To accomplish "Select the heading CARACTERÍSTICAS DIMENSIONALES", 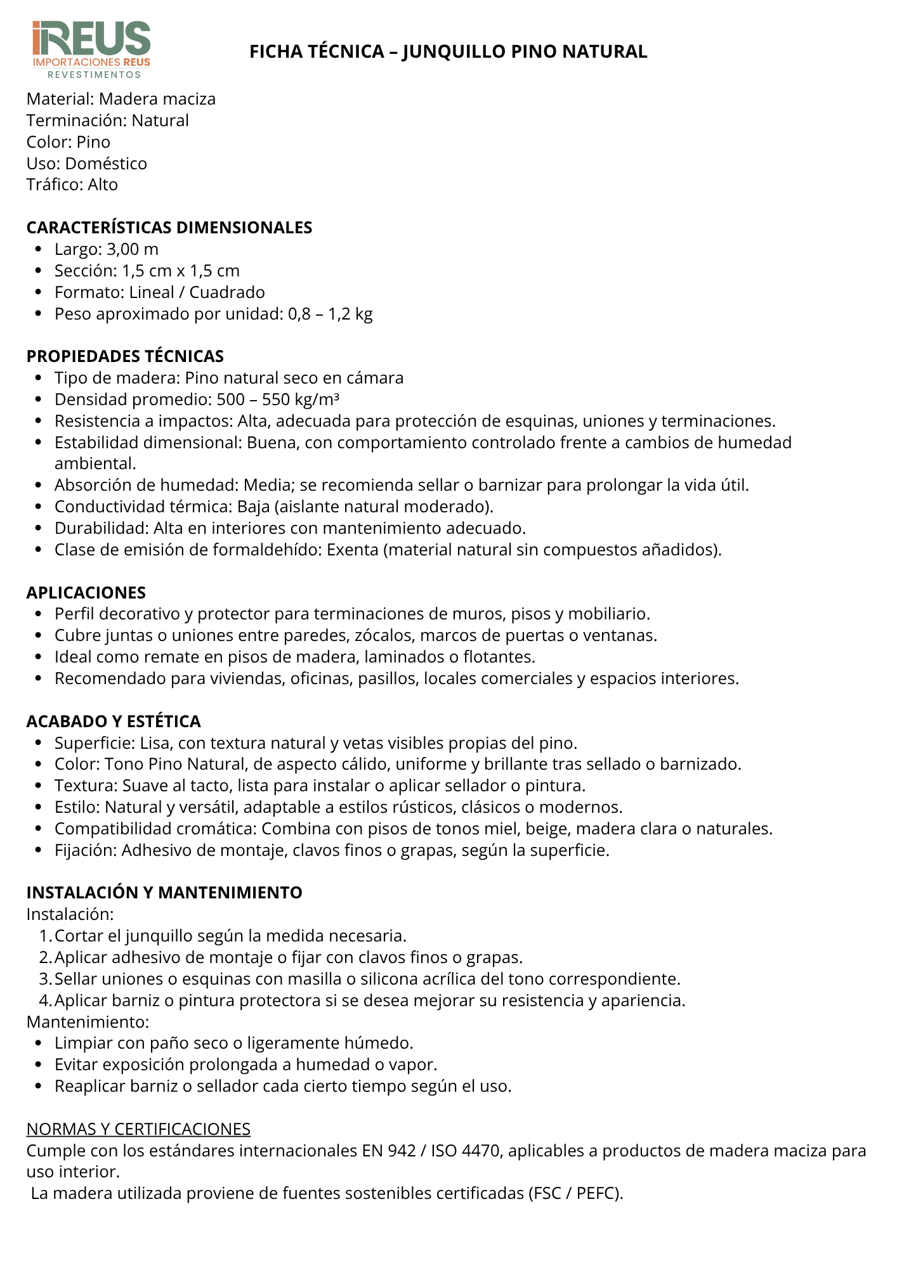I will tap(169, 228).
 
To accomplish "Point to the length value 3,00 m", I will tap(133, 249).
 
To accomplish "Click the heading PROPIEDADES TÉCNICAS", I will tap(125, 356).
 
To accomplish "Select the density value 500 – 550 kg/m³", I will tap(278, 399).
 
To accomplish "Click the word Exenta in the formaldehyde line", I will tap(353, 550).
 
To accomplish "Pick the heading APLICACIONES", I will tap(86, 593).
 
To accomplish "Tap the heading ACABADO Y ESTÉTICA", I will tap(114, 721).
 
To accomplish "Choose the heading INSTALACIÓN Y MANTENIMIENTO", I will tap(164, 893).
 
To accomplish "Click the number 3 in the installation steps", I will tap(44, 979).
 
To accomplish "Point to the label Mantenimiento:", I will tap(88, 1022).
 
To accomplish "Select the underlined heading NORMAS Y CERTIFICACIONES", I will tap(138, 1129).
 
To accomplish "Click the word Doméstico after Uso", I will tap(106, 164).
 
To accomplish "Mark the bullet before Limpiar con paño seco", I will tap(39, 1044).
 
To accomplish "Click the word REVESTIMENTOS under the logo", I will tap(95, 75).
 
